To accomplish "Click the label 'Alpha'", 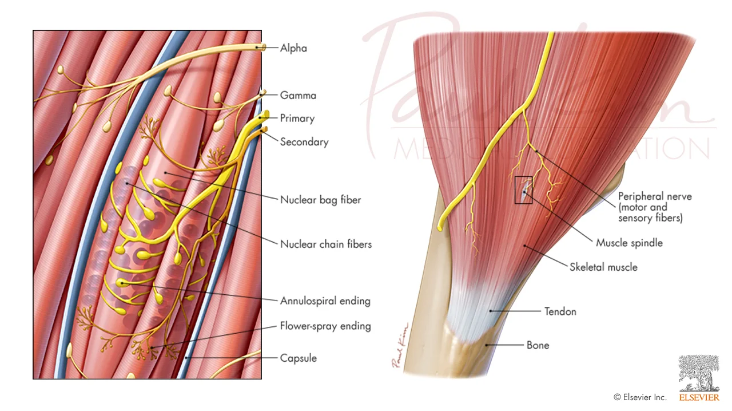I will click(x=293, y=48).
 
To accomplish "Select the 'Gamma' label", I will click(x=298, y=96).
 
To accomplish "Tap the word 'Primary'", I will click(x=297, y=118).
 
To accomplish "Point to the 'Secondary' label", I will click(x=304, y=142).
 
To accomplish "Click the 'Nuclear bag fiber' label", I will click(x=320, y=200).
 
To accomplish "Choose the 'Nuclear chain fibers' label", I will click(x=325, y=244).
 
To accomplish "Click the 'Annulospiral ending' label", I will click(x=325, y=301).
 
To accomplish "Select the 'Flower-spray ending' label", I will click(x=325, y=326).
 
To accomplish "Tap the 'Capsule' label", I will click(x=298, y=358).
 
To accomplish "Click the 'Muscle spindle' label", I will click(x=629, y=243).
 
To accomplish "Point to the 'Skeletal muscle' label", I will click(x=603, y=267).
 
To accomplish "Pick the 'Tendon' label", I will click(x=560, y=311).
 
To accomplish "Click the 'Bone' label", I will click(x=538, y=345).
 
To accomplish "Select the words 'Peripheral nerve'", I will click(x=655, y=196).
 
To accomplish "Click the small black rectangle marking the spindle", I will click(x=523, y=190).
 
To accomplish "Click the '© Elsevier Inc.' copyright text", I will click(x=640, y=397).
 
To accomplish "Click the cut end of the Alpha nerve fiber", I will click(x=263, y=48).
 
